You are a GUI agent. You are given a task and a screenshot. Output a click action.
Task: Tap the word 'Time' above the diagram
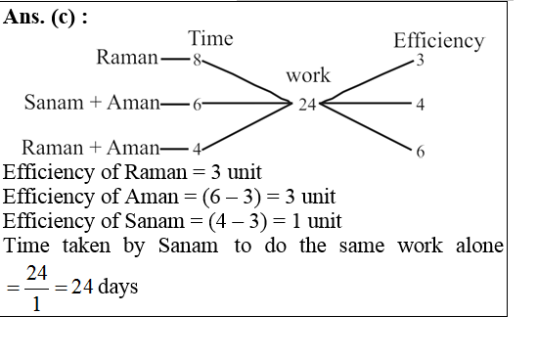(210, 39)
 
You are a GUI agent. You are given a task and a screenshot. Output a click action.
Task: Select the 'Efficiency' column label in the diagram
(438, 41)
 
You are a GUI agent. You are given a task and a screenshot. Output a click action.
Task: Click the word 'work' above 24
(308, 76)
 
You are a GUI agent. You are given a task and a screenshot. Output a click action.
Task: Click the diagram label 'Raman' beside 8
(126, 59)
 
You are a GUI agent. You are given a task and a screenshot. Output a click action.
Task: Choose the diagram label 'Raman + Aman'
(90, 149)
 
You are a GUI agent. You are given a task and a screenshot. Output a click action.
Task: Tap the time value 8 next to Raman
(197, 60)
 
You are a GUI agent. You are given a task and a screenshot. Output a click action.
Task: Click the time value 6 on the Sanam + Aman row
(198, 104)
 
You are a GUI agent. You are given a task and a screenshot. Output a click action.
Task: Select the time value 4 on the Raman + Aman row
(197, 150)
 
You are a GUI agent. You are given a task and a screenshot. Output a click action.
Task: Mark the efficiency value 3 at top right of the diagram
(419, 62)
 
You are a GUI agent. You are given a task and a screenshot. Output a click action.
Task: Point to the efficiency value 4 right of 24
(420, 105)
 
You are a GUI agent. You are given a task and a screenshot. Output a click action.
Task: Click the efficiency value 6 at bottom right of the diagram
(420, 152)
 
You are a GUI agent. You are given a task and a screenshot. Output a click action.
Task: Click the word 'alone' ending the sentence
(477, 246)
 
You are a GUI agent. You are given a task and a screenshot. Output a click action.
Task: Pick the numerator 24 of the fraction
(36, 277)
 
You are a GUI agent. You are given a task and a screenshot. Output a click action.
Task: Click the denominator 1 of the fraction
(36, 303)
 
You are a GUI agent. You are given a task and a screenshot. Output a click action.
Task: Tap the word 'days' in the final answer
(117, 290)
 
